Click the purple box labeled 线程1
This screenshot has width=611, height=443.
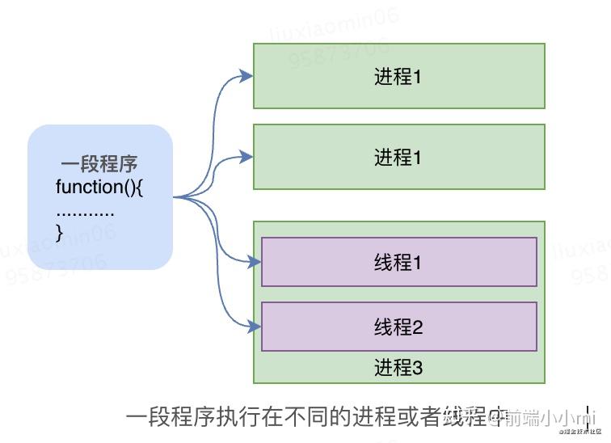point(398,262)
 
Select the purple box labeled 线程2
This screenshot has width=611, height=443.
point(398,327)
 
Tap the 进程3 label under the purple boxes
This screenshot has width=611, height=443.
point(398,368)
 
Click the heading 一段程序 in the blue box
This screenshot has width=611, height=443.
point(99,165)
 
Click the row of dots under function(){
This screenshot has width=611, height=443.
point(85,212)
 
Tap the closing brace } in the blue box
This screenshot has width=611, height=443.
point(59,232)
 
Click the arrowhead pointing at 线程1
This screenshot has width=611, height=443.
point(255,262)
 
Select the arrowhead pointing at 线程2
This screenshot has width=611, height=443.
point(255,327)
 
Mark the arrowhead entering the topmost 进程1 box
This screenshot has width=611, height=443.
point(247,77)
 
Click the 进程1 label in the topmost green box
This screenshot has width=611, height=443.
point(398,77)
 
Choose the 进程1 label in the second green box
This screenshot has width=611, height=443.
point(398,158)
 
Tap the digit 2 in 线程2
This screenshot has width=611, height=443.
point(418,327)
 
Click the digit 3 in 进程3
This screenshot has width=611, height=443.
point(418,369)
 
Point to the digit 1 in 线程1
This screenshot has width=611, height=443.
point(418,263)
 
